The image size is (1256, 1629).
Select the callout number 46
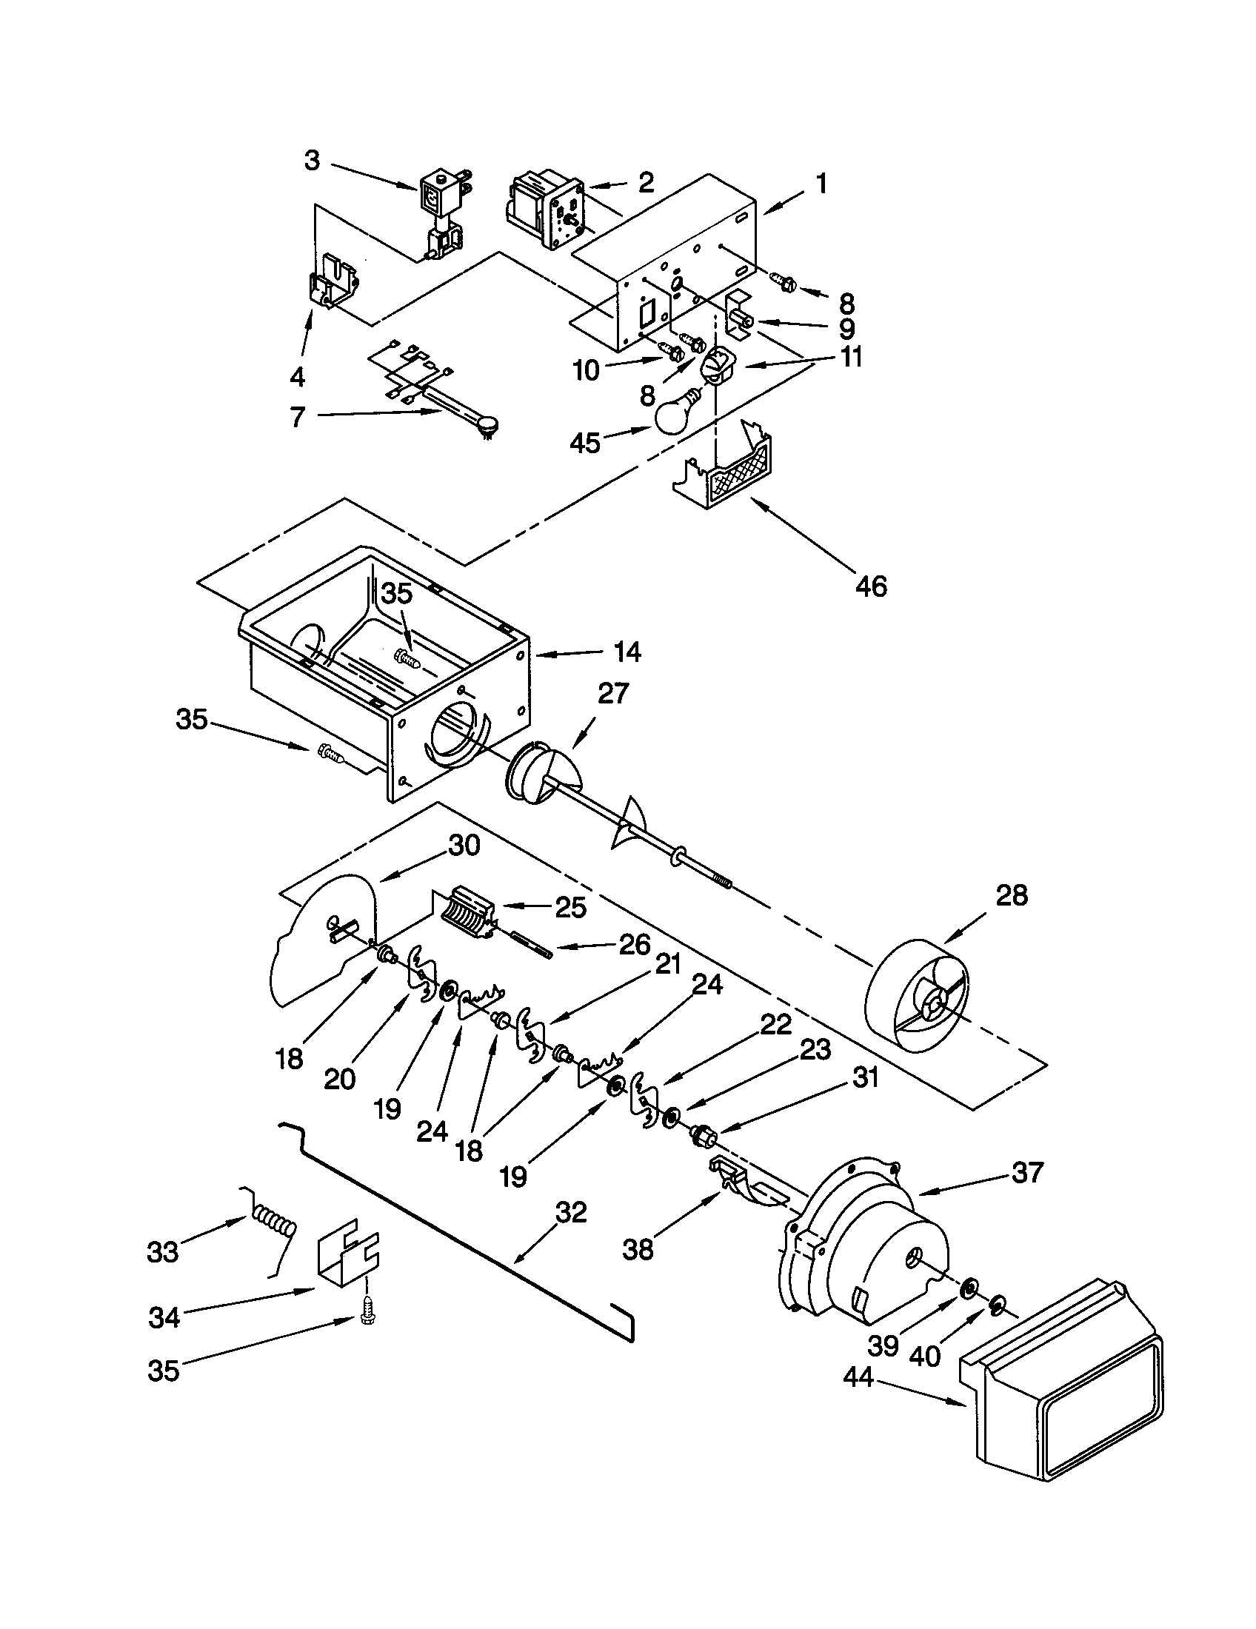pos(870,586)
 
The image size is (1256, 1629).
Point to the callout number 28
pos(1012,895)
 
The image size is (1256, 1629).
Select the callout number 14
pos(627,652)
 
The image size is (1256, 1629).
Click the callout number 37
pos(1027,1173)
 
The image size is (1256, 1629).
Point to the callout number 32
pos(571,1213)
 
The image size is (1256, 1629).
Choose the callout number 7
pos(298,417)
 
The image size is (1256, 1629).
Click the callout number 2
pos(646,182)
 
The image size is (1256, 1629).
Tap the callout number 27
pos(613,694)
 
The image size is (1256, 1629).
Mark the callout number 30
pos(463,845)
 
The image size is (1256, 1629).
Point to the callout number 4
pos(298,378)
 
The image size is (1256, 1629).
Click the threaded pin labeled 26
pos(531,946)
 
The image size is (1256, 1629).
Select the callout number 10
pos(587,371)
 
